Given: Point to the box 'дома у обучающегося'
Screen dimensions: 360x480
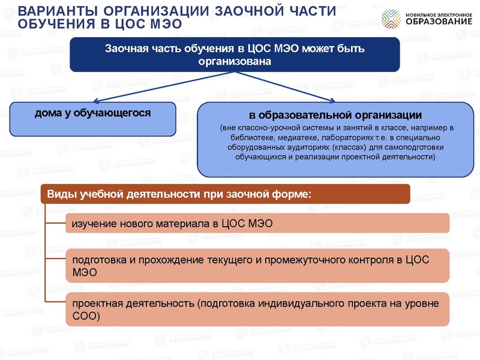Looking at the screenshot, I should [92, 118].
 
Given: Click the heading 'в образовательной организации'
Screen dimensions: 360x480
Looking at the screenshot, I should [335, 115].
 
